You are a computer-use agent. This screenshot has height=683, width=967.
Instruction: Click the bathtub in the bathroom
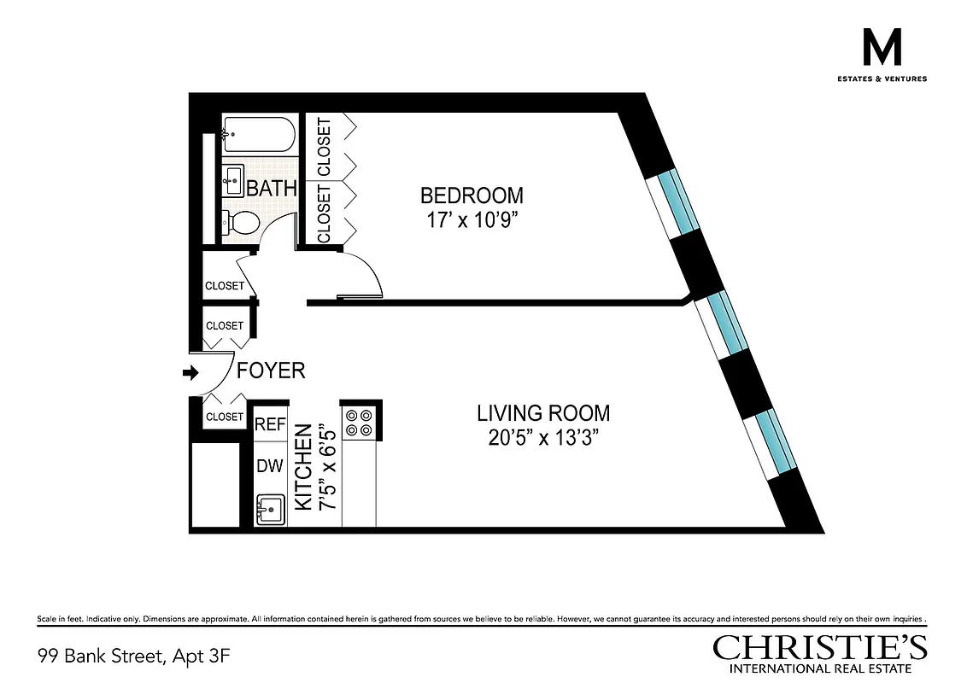click(259, 134)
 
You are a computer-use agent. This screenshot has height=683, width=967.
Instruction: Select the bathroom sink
click(232, 179)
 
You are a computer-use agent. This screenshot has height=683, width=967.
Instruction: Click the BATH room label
click(272, 189)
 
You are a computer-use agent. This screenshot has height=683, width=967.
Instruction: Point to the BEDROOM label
click(472, 196)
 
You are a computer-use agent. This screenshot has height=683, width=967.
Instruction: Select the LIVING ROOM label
click(543, 413)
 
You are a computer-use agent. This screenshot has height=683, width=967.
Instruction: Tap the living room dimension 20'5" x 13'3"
click(543, 439)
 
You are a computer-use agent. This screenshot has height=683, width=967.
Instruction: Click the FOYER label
click(271, 371)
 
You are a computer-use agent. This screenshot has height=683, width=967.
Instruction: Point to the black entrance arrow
click(190, 372)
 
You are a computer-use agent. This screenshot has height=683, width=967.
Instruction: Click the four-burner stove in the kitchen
click(357, 422)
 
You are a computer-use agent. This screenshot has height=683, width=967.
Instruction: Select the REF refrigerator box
click(271, 423)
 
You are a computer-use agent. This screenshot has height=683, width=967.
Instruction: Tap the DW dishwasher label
click(270, 466)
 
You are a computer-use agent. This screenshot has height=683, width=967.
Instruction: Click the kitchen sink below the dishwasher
click(270, 510)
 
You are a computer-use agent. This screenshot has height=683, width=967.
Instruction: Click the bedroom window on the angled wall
click(673, 202)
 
